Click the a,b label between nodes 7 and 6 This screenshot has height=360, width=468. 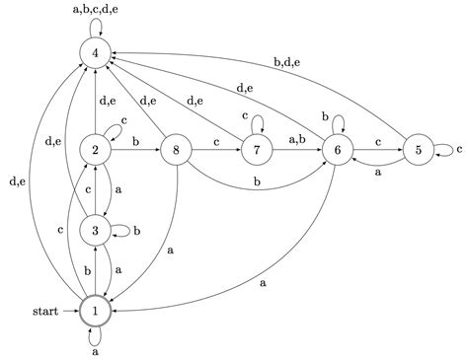tap(297, 140)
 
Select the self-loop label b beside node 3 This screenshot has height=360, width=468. tap(137, 232)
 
